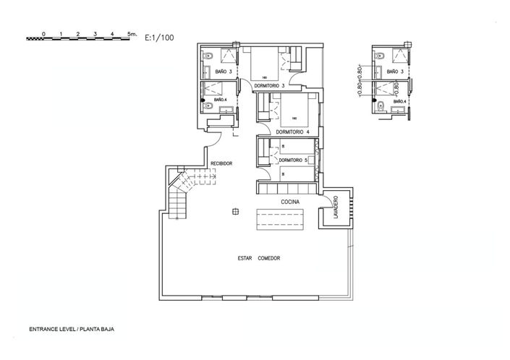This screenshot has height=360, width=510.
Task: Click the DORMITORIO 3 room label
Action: tap(270, 86)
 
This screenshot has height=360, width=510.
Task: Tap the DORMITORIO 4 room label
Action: tap(292, 132)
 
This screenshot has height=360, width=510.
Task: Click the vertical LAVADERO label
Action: tap(336, 209)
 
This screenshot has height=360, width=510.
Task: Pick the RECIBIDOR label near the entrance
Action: tap(221, 164)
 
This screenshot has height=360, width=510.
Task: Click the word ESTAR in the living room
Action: tap(245, 258)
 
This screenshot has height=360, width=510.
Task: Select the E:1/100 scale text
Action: tap(159, 35)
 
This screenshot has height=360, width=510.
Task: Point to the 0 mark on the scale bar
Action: tap(43, 34)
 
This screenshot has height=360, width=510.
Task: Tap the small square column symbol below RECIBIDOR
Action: tap(235, 211)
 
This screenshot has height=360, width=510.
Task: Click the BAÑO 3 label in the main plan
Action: tap(224, 72)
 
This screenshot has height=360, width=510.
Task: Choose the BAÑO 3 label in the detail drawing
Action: tap(394, 72)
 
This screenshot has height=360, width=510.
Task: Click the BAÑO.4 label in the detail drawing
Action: tap(400, 102)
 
